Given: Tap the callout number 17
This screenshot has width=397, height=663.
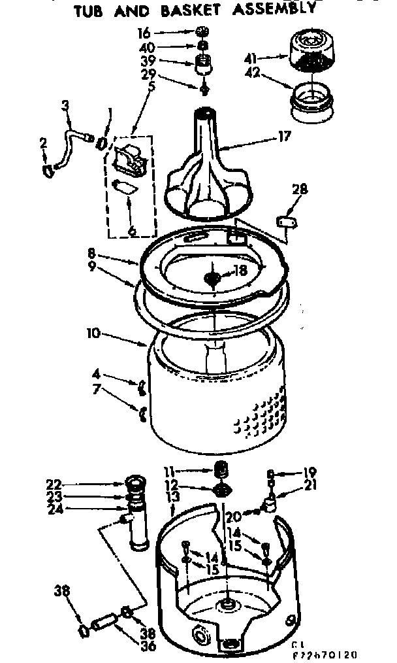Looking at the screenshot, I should (284, 137).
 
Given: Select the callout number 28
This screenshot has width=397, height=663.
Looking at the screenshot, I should (299, 190).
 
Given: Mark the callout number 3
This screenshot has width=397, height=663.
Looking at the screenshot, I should (65, 105).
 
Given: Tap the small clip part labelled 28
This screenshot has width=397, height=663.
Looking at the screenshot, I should (285, 222).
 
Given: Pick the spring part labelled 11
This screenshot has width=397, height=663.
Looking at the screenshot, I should (221, 469).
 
